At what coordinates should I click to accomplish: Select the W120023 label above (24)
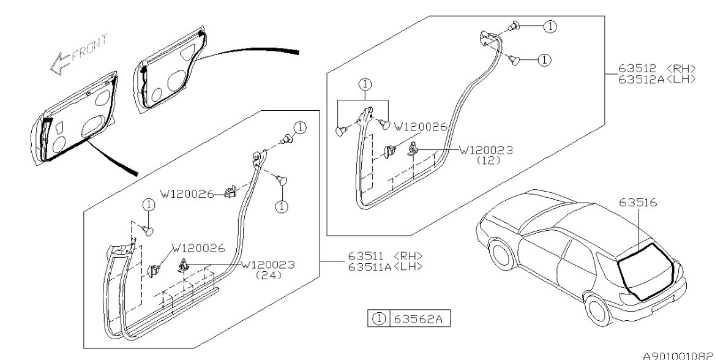269,265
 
